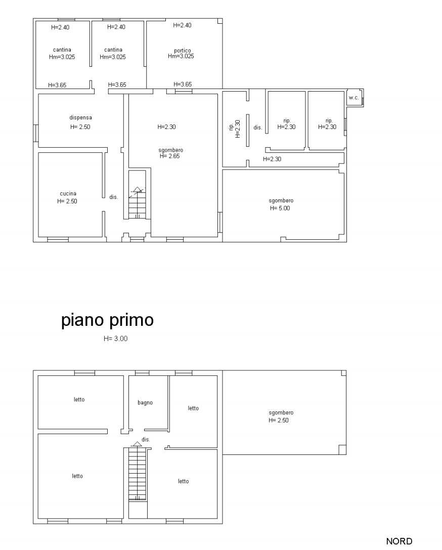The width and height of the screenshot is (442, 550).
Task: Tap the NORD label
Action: (x=399, y=541)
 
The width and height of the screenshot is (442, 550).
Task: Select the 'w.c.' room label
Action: (x=353, y=98)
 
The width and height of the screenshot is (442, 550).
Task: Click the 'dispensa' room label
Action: (x=80, y=118)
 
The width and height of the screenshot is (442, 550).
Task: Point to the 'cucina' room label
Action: (x=68, y=193)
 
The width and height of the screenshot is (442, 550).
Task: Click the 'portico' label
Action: (x=182, y=51)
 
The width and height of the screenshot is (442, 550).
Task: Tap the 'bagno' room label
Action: (x=145, y=403)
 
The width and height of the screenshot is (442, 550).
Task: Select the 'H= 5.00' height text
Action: (x=280, y=208)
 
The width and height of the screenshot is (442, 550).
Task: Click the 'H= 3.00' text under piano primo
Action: (x=116, y=339)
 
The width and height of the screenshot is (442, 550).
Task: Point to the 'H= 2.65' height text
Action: (x=169, y=156)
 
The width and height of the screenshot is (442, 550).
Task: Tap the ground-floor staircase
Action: (x=137, y=203)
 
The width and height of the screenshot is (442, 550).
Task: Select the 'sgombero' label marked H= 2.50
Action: (x=281, y=413)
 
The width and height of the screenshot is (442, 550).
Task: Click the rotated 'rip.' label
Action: (x=231, y=127)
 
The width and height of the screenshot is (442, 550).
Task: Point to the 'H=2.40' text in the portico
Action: (x=182, y=25)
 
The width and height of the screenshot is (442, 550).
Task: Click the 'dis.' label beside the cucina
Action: (x=114, y=197)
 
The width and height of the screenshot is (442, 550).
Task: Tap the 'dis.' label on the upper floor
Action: (x=146, y=440)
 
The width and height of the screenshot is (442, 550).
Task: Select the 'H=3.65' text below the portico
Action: (x=183, y=84)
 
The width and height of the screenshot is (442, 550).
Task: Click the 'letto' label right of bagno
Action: (x=193, y=408)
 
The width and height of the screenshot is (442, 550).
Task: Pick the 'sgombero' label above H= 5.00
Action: (x=281, y=201)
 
